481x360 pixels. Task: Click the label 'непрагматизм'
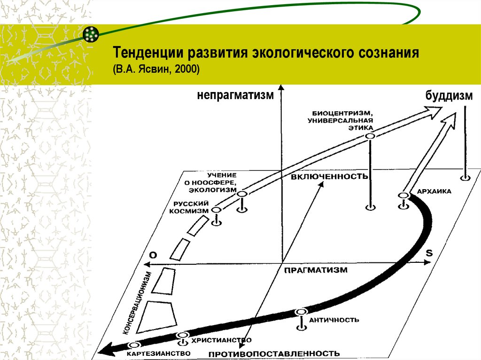235,96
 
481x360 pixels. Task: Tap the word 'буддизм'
448,96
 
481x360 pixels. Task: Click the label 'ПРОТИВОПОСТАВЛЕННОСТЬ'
274,353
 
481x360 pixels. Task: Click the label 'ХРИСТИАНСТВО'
221,340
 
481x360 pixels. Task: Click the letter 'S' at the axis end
428,253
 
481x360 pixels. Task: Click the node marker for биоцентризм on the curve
370,136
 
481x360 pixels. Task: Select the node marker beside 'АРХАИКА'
403,195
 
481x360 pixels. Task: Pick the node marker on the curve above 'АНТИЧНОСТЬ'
301,312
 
